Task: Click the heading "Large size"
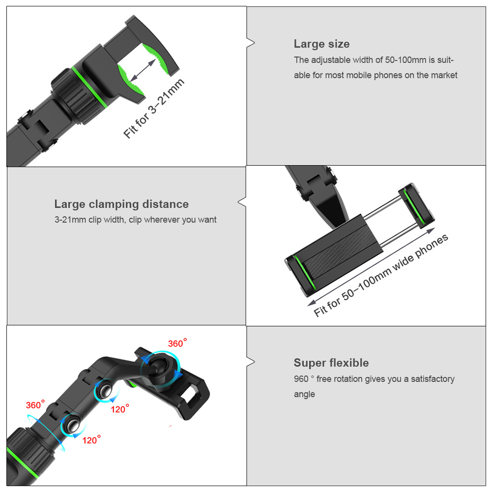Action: pos(321,44)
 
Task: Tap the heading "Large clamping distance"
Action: pos(121,204)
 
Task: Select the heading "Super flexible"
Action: pos(331,363)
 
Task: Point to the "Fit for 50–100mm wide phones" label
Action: pos(381,276)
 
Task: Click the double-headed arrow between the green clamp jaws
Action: pos(143,70)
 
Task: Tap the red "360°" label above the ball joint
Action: pos(177,343)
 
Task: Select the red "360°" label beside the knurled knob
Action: pos(35,405)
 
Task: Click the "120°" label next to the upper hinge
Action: pos(120,409)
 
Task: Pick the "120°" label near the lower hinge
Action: pos(91,440)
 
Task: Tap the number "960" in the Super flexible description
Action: pos(301,379)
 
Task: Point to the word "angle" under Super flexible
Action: pos(304,394)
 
